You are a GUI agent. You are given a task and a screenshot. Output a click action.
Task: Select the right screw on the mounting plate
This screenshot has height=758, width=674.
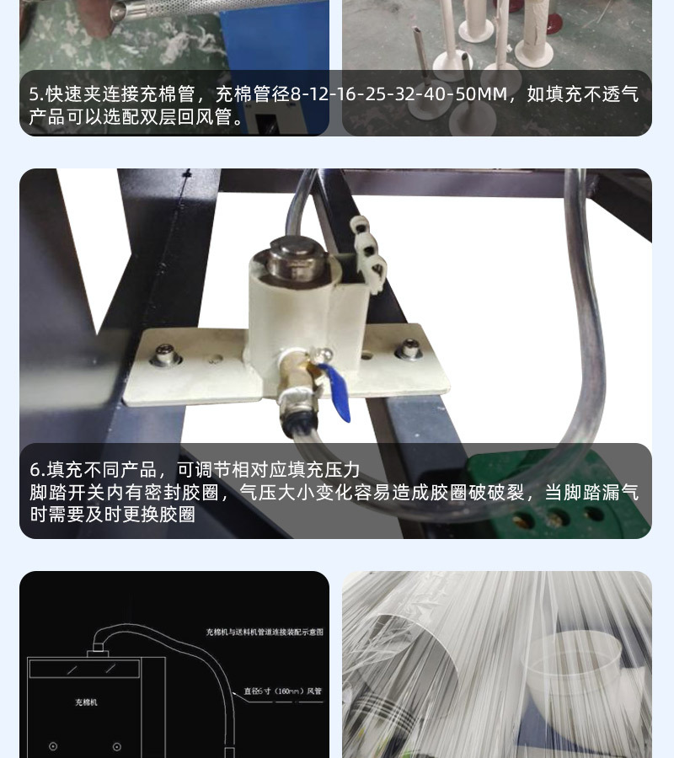click(409, 348)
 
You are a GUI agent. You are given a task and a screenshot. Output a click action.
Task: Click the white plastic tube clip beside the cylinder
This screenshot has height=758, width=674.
click(367, 252)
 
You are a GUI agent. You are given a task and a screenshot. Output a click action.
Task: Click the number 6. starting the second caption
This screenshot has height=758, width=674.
click(37, 470)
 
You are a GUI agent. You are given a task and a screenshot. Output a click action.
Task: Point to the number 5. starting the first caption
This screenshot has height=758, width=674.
click(36, 93)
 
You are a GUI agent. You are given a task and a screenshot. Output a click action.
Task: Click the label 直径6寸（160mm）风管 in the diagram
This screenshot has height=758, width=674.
click(282, 691)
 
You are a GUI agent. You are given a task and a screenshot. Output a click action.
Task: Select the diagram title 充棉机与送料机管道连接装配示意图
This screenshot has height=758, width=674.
click(265, 632)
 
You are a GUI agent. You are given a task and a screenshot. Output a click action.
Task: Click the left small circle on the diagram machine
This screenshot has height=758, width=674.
click(53, 746)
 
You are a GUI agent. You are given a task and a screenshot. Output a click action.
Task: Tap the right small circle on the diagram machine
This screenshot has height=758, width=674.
click(116, 746)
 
